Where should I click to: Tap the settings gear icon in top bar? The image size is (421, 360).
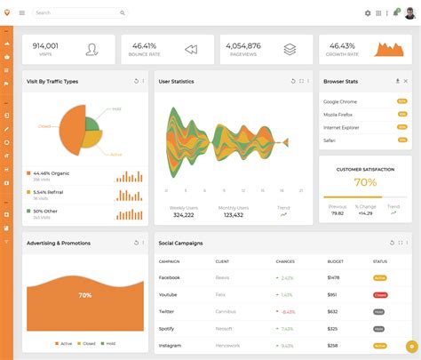tap(368, 13)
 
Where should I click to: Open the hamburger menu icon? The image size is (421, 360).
tap(22, 12)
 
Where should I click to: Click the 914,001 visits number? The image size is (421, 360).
tap(45, 45)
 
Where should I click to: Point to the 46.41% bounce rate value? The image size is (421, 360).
tap(144, 45)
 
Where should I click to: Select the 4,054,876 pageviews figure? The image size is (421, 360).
tap(242, 45)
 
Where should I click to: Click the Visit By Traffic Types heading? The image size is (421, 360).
tap(52, 81)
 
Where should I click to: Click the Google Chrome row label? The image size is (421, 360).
tap(340, 102)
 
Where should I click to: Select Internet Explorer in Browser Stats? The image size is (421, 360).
tap(342, 128)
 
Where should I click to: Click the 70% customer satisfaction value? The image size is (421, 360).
tap(365, 182)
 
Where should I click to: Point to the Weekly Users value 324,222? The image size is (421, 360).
tap(183, 215)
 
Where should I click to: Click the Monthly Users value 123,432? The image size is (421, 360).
tap(233, 215)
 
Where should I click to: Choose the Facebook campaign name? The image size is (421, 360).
tap(169, 278)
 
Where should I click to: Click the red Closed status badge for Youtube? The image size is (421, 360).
tap(379, 295)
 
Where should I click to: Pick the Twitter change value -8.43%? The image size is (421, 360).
tap(287, 312)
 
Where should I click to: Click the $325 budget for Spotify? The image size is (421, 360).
tap(332, 329)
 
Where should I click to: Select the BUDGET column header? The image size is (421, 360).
tap(335, 261)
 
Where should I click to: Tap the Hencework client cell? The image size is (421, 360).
tap(228, 346)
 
